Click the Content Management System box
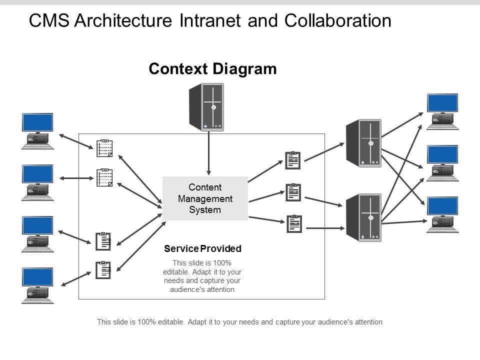(x=205, y=198)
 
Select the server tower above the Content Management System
(x=206, y=107)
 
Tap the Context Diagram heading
(x=212, y=69)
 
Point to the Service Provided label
(x=202, y=248)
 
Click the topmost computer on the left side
(x=37, y=131)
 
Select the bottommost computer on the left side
(x=37, y=285)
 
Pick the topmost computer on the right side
(x=442, y=111)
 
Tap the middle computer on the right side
(x=442, y=163)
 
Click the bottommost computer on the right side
(x=442, y=214)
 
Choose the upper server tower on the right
(x=364, y=143)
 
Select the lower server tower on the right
(x=364, y=217)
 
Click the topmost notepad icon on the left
(x=104, y=147)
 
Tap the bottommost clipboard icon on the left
(x=103, y=270)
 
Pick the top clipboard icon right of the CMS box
(x=292, y=160)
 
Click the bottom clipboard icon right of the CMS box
(x=294, y=223)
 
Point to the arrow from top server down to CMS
(x=209, y=152)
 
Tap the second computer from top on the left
(x=37, y=182)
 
